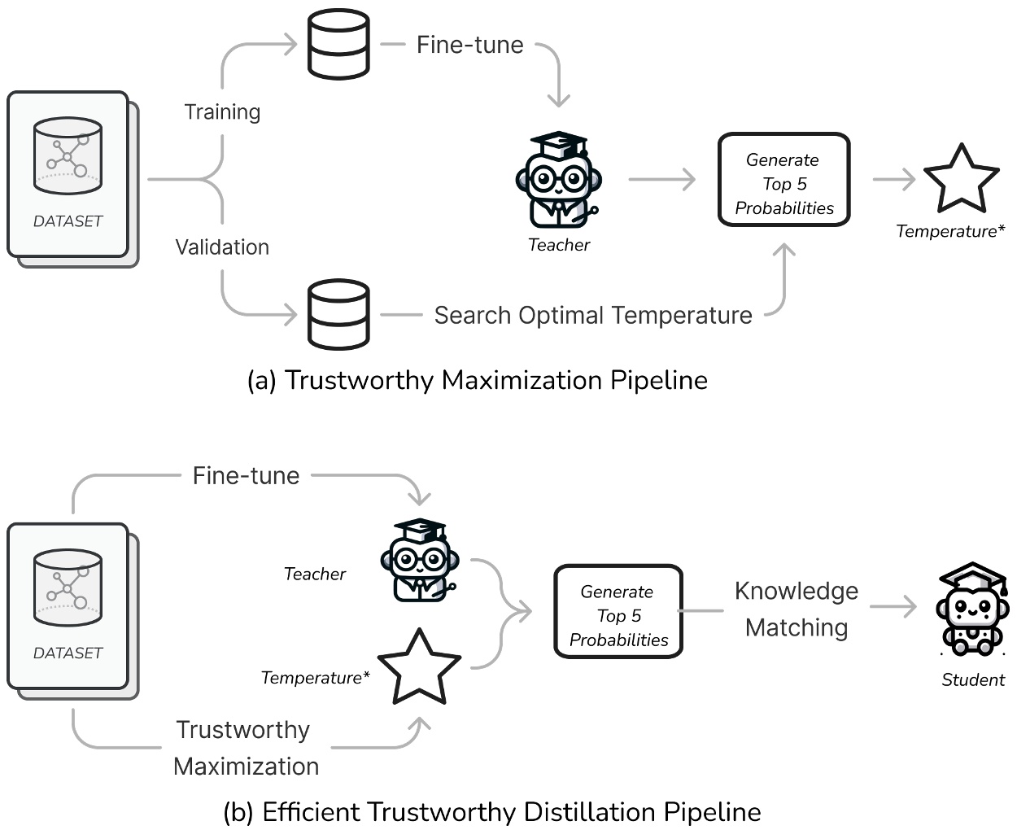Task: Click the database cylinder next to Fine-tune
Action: pos(338,45)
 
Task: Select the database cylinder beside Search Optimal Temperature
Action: pos(338,315)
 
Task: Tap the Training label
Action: pos(222,112)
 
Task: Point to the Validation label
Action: pos(222,247)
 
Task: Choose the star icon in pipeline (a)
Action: pos(961,180)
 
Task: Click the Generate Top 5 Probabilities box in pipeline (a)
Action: pos(783,180)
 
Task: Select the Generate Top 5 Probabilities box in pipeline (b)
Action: pos(618,611)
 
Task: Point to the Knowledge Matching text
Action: pos(796,609)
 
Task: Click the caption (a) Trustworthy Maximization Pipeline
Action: pos(478,381)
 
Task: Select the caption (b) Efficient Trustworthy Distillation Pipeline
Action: pos(492,812)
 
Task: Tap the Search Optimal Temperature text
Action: pos(593,315)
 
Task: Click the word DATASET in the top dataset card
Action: pos(68,221)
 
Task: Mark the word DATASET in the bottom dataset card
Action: pos(68,653)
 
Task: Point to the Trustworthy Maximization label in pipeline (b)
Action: pos(245,748)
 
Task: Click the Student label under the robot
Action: pos(973,680)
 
